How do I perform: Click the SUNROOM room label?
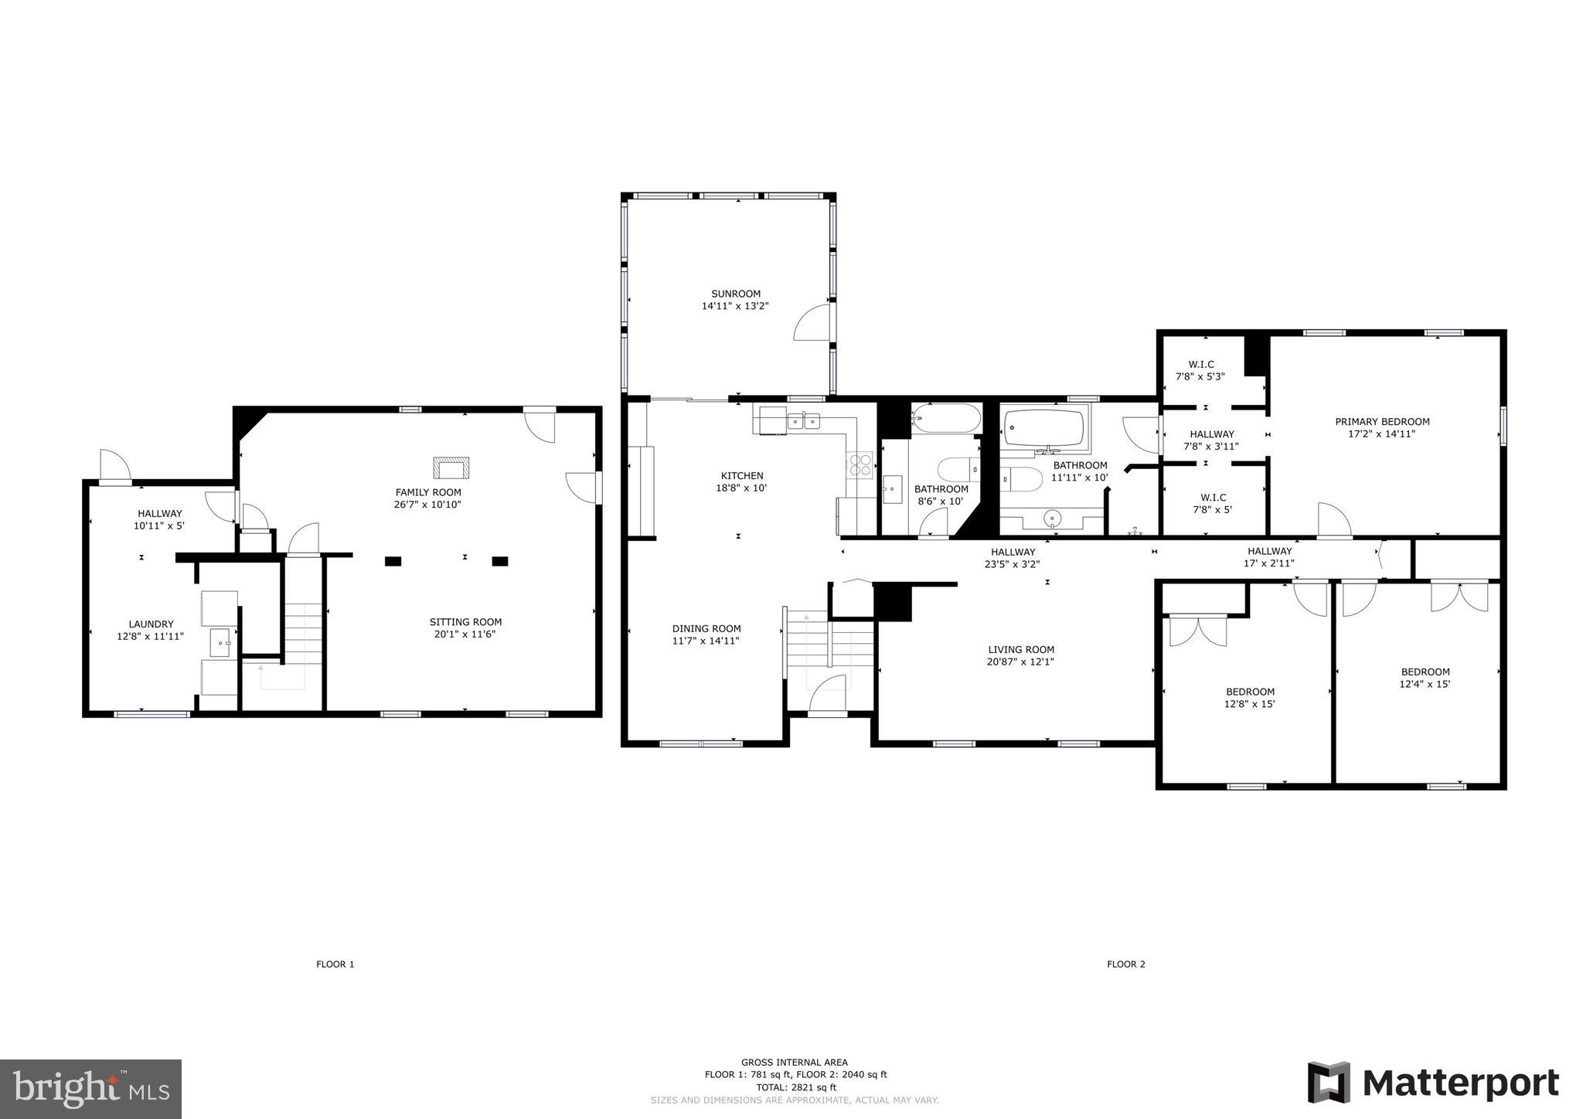pyautogui.click(x=736, y=294)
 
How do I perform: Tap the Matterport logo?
pyautogui.click(x=1433, y=1083)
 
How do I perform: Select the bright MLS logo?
pyautogui.click(x=90, y=1089)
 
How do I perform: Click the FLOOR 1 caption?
pyautogui.click(x=335, y=964)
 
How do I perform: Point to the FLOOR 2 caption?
pyautogui.click(x=1125, y=964)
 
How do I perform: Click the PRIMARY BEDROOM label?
pyautogui.click(x=1382, y=422)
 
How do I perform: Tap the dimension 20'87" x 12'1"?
pyautogui.click(x=1020, y=662)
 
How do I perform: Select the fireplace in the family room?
pyautogui.click(x=451, y=468)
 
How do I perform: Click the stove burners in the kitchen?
pyautogui.click(x=860, y=464)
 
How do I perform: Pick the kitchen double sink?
pyautogui.click(x=803, y=421)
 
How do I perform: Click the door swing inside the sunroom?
pyautogui.click(x=812, y=323)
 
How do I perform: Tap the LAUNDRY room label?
pyautogui.click(x=151, y=624)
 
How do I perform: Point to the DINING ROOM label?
pyautogui.click(x=706, y=629)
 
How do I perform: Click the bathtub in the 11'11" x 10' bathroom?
pyautogui.click(x=1044, y=428)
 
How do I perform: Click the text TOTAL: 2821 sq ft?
pyautogui.click(x=795, y=1087)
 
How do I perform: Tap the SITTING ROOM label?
pyautogui.click(x=465, y=622)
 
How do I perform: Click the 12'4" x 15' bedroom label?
pyautogui.click(x=1425, y=678)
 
